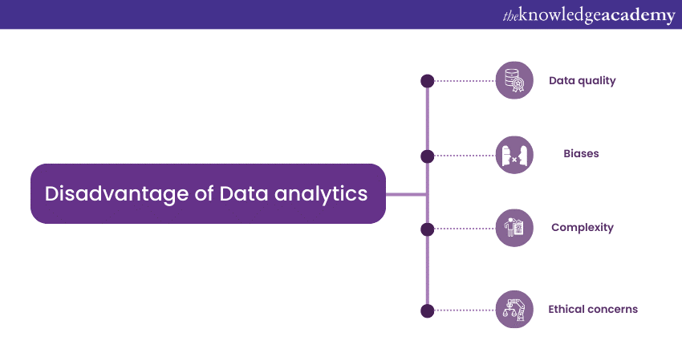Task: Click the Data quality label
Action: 582,81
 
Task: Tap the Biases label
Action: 581,153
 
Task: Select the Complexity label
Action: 583,228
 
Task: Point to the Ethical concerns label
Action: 593,309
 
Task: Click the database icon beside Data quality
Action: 514,80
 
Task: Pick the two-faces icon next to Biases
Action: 514,155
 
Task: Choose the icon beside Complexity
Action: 514,228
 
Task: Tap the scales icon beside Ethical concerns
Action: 514,309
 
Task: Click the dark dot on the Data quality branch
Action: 428,81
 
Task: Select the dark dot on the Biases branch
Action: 428,156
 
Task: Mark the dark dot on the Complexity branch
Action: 428,229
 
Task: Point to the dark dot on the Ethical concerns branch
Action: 428,311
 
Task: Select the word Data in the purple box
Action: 244,193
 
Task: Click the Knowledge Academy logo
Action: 589,15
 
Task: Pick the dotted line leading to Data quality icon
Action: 465,81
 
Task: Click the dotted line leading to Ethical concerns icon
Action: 465,310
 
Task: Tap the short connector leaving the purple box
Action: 406,194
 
